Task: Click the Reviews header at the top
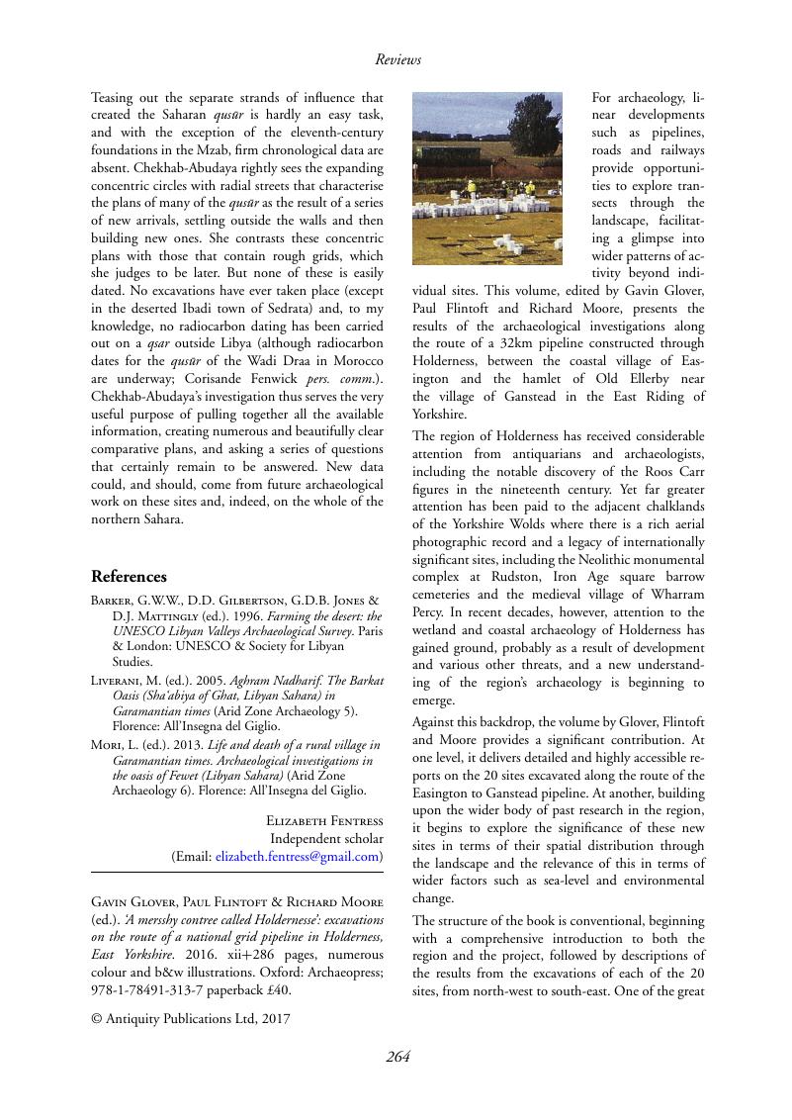[x=397, y=60]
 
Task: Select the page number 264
[x=397, y=1057]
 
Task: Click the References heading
[x=129, y=577]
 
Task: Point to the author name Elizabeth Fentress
[x=324, y=821]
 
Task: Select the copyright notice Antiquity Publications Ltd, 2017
[x=191, y=1016]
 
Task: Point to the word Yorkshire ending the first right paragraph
[x=440, y=416]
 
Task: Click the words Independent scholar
[x=326, y=839]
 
